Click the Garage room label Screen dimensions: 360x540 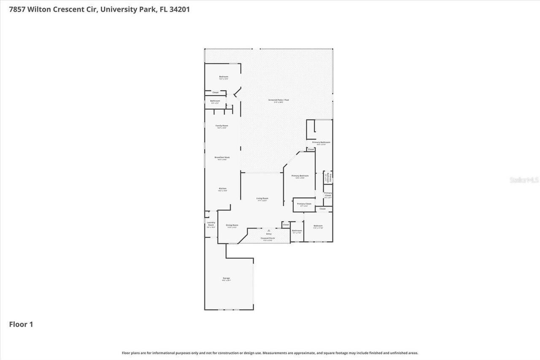click(227, 278)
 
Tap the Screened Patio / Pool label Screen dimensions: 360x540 click(278, 100)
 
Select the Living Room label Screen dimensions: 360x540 click(262, 198)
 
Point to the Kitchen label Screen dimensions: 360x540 click(222, 189)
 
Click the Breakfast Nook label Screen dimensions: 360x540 click(222, 157)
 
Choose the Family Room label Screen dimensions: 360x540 click(221, 126)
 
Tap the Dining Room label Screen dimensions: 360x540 click(232, 225)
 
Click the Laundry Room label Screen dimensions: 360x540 click(211, 224)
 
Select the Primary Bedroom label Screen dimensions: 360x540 click(300, 176)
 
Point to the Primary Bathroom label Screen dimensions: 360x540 click(324, 142)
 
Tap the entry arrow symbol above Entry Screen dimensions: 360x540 click(269, 230)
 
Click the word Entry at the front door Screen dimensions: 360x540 click(269, 233)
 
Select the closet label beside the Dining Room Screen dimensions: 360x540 click(286, 225)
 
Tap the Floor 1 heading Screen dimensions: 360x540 click(21, 324)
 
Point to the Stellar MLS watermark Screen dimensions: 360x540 click(524, 180)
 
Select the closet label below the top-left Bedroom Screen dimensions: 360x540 click(215, 92)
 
